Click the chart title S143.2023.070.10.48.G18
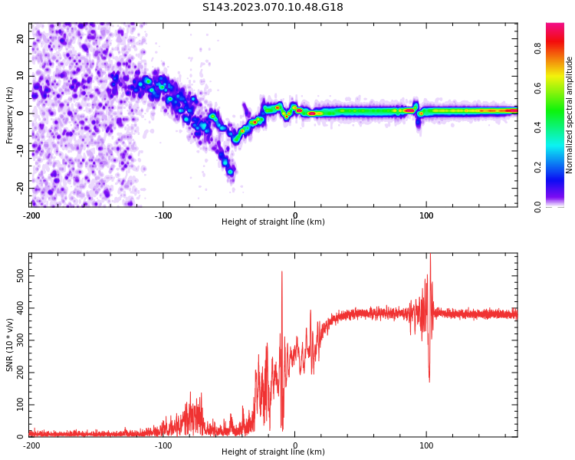[x=273, y=8]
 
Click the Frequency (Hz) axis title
[x=10, y=114]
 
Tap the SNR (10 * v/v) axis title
[x=10, y=345]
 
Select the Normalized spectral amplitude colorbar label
[x=570, y=115]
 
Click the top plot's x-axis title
[x=273, y=222]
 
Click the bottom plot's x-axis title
[x=273, y=452]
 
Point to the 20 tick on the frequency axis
[x=21, y=38]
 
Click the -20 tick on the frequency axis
[x=21, y=188]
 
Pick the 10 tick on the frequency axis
[x=21, y=76]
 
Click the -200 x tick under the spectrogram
[x=31, y=215]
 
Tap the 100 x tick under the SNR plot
[x=426, y=445]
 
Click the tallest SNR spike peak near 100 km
[x=430, y=255]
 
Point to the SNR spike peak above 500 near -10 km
[x=281, y=271]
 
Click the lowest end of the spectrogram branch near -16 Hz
[x=230, y=172]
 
